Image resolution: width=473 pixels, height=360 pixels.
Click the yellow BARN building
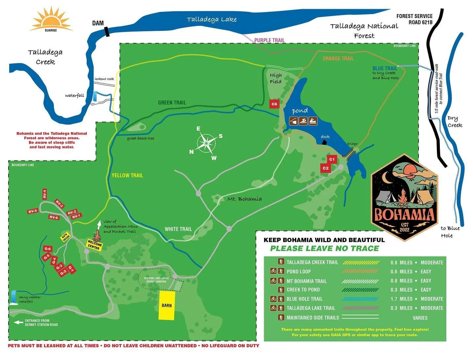tap(167, 305)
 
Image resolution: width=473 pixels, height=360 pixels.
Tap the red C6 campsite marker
tap(274, 104)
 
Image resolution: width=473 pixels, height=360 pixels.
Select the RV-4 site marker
tap(44, 194)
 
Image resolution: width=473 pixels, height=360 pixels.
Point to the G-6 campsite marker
tap(48, 249)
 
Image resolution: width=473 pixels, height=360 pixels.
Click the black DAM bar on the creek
tap(106, 32)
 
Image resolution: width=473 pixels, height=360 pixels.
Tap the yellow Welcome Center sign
tap(95, 245)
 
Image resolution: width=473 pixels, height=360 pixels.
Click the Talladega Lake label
tap(212, 19)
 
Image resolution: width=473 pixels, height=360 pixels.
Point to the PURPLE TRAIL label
tap(269, 40)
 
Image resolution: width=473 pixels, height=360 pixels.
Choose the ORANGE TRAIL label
tap(338, 58)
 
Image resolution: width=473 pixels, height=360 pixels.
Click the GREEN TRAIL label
tap(172, 102)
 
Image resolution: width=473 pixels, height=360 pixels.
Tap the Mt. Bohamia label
tap(245, 199)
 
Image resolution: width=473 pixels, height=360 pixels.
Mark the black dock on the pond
tap(324, 142)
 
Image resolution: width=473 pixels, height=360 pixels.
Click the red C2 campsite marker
tap(325, 168)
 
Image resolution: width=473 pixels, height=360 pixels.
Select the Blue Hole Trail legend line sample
tap(360, 299)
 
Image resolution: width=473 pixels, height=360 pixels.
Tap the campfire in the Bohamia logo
tap(402, 199)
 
